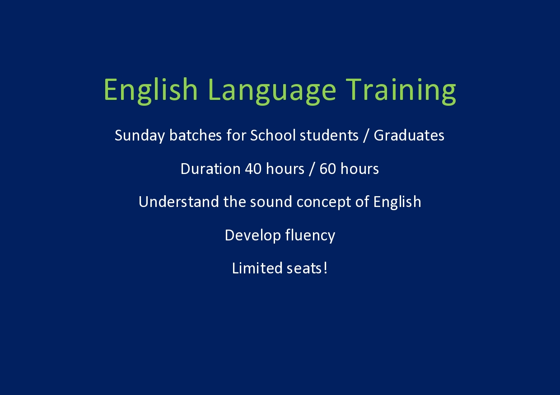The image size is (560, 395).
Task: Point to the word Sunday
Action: click(x=140, y=136)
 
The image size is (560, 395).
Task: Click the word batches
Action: click(x=196, y=135)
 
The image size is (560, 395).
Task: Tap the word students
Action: click(x=329, y=135)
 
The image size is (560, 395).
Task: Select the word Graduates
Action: click(x=409, y=135)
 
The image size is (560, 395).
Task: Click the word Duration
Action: click(x=210, y=169)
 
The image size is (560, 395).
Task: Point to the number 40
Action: click(x=253, y=169)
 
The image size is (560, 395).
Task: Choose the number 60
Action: click(x=328, y=169)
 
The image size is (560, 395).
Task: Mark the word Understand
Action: click(x=178, y=202)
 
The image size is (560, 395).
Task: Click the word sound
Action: click(x=271, y=202)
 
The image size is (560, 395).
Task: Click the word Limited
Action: click(x=257, y=268)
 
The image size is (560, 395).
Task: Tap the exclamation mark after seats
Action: click(x=325, y=268)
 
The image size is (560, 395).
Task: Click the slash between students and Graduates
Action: click(x=366, y=136)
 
